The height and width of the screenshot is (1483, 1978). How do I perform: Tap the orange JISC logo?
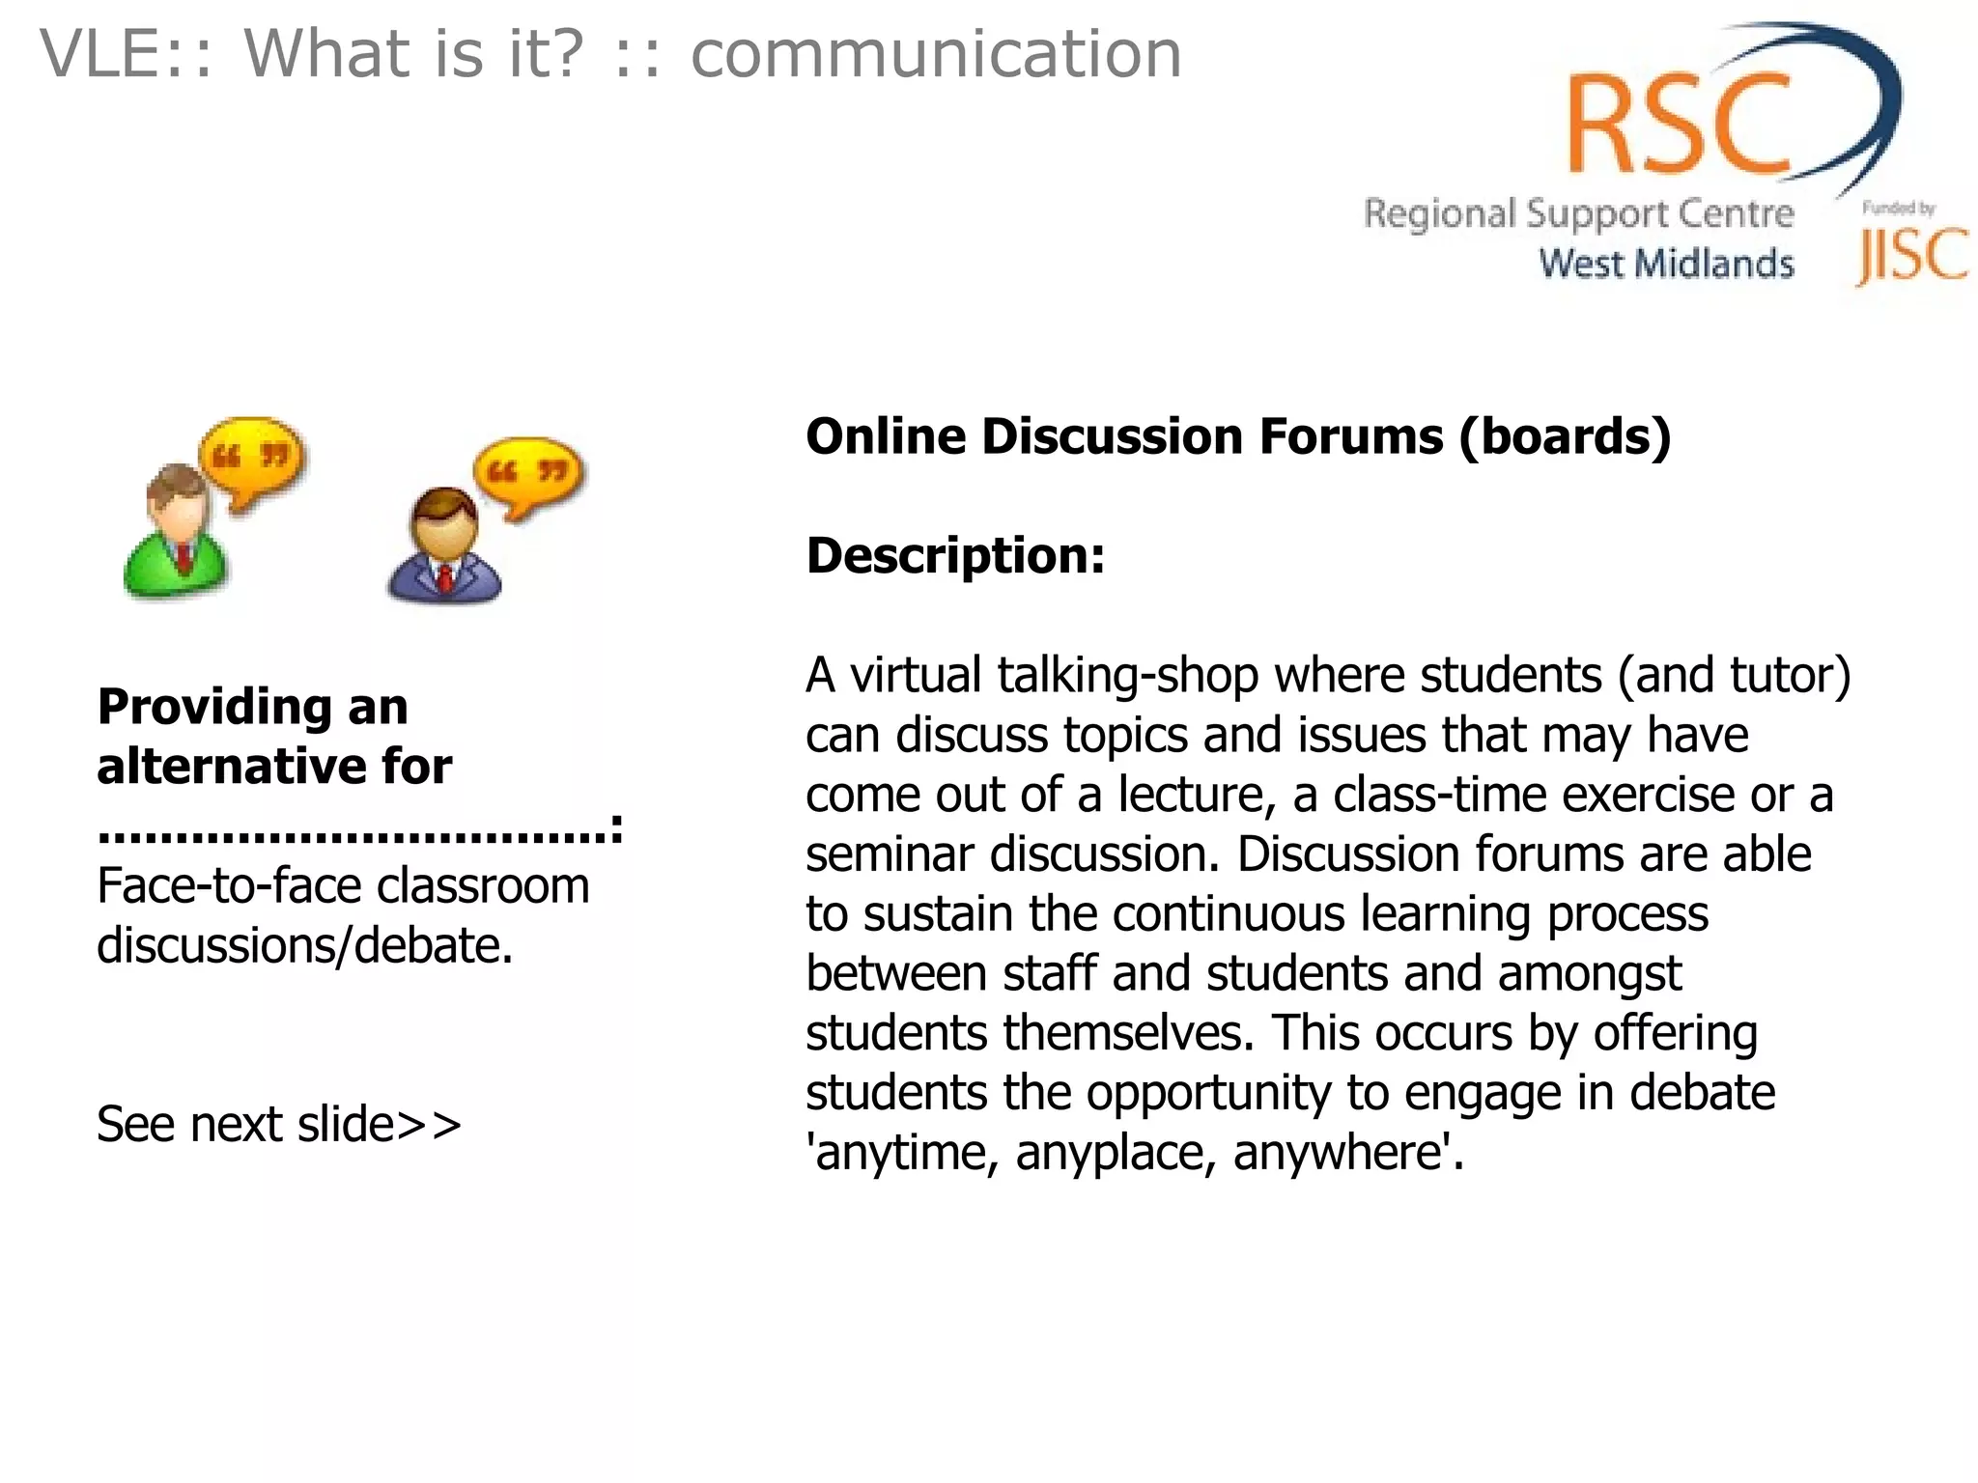(x=1911, y=256)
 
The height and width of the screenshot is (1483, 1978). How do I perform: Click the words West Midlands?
(x=1666, y=264)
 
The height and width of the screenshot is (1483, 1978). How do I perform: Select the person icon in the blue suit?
(x=443, y=550)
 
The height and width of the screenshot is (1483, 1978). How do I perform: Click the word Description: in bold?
(x=955, y=556)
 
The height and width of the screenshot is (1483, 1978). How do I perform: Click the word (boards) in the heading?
(x=1565, y=436)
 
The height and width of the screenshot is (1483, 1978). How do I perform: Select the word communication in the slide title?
(x=936, y=54)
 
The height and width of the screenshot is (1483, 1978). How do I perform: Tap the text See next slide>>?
(x=279, y=1125)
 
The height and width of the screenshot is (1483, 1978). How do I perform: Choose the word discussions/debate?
(x=304, y=945)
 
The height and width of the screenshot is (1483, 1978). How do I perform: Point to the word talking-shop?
(x=1127, y=675)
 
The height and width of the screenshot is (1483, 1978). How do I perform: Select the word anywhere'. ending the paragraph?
(x=1348, y=1153)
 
